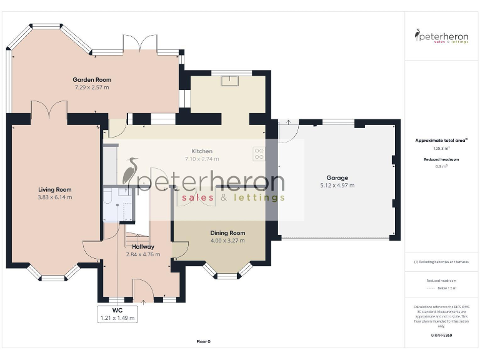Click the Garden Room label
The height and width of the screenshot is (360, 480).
click(x=91, y=79)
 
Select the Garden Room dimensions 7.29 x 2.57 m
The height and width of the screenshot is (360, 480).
click(x=91, y=87)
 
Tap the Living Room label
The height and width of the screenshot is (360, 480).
click(x=55, y=189)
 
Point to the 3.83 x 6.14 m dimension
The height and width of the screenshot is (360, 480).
click(x=55, y=197)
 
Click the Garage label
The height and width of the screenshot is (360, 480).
click(x=337, y=177)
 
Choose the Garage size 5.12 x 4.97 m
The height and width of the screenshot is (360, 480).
click(x=337, y=186)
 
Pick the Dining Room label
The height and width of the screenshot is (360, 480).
click(x=227, y=232)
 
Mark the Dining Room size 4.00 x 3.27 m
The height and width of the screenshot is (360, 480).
click(x=227, y=241)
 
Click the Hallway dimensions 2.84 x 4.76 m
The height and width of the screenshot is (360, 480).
click(x=143, y=254)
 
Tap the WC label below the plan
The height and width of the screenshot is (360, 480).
click(x=117, y=310)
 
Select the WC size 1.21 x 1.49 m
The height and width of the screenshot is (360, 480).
click(x=117, y=318)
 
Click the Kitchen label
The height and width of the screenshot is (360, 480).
click(x=202, y=151)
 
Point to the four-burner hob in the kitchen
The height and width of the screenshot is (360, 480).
click(x=259, y=153)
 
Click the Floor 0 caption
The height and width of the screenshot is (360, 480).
click(x=203, y=341)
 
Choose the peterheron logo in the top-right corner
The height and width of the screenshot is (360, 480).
click(x=441, y=36)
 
